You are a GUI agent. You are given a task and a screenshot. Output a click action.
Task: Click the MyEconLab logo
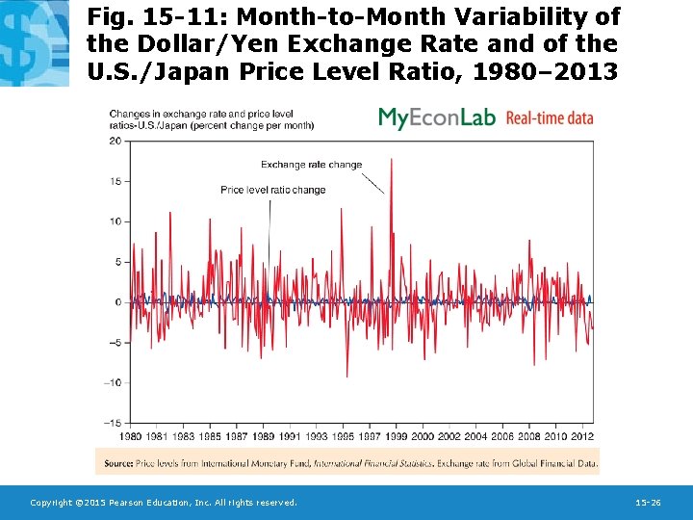(x=436, y=117)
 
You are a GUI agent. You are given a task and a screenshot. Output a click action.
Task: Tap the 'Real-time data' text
(x=550, y=118)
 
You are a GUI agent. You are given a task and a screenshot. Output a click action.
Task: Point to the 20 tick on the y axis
(x=115, y=141)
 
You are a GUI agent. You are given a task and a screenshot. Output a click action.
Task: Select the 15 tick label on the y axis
(x=115, y=181)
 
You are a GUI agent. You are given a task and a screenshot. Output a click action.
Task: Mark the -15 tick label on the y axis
(x=112, y=423)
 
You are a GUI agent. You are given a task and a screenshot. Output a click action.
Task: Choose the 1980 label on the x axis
(x=132, y=436)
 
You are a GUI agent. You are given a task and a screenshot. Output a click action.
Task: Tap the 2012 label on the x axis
(x=581, y=436)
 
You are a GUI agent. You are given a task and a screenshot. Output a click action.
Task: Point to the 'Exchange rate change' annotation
(x=311, y=165)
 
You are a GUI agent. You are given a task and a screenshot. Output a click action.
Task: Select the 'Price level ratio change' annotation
(x=272, y=190)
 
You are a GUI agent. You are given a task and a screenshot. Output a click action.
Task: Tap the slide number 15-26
(x=648, y=503)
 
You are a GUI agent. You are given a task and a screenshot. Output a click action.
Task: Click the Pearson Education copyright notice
(x=163, y=503)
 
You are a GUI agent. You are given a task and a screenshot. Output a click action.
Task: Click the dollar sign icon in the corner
(x=34, y=42)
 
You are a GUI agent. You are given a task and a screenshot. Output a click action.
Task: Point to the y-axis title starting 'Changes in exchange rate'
(x=210, y=119)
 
